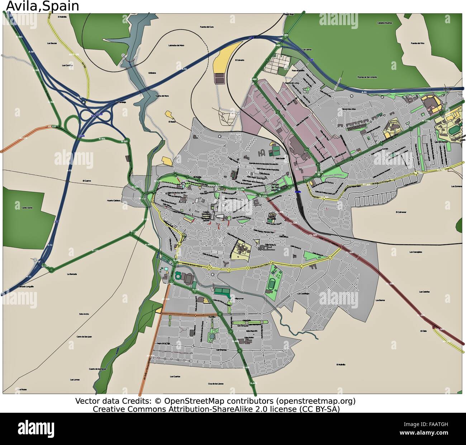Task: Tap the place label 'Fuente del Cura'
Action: (207, 27)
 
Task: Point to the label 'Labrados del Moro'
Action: (176, 46)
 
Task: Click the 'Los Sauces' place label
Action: (52, 43)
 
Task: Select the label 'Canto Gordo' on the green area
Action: (27, 208)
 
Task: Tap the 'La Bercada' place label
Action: (72, 274)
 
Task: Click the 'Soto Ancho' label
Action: (84, 314)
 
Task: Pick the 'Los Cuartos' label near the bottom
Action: (175, 377)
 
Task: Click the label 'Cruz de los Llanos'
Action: (215, 383)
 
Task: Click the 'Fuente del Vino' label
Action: (417, 43)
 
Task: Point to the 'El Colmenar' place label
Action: (401, 212)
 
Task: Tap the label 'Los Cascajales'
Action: (416, 252)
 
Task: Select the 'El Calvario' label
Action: (239, 60)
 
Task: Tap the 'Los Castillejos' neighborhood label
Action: (303, 294)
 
